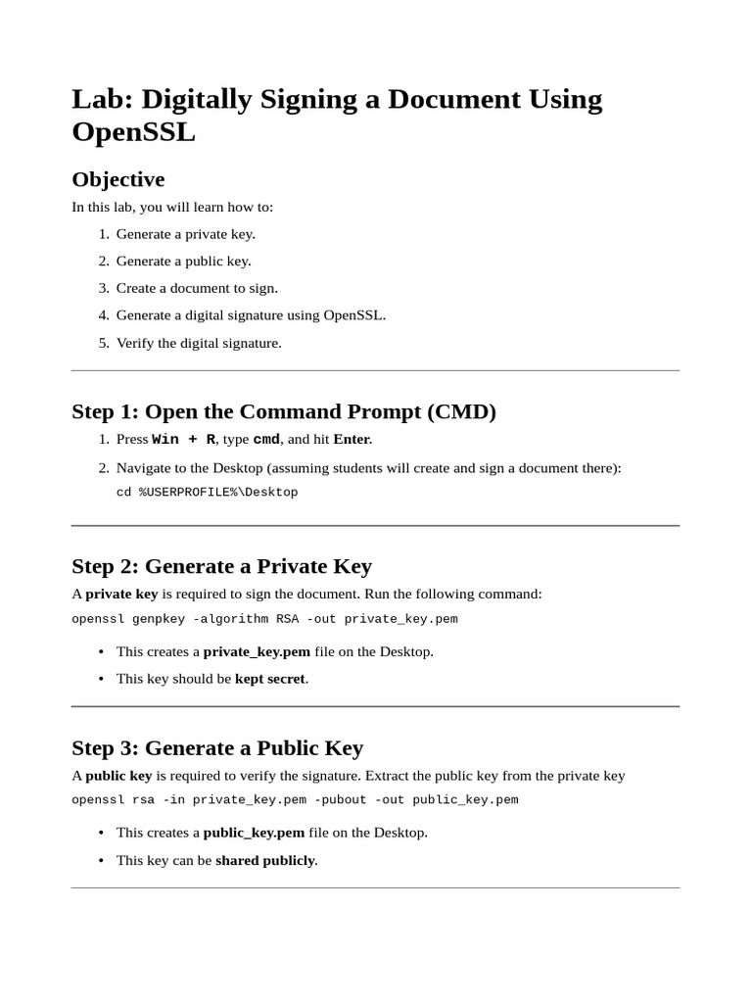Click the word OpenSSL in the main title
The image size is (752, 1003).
pyautogui.click(x=133, y=132)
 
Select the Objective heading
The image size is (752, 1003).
pyautogui.click(x=117, y=179)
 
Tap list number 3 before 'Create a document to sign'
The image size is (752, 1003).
pyautogui.click(x=104, y=288)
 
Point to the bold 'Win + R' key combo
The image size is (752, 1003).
pyautogui.click(x=183, y=440)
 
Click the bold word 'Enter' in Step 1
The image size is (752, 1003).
pyautogui.click(x=352, y=439)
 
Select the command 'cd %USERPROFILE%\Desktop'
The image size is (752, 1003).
pyautogui.click(x=207, y=493)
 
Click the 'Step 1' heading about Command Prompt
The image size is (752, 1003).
pyautogui.click(x=283, y=411)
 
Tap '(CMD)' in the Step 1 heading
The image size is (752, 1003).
pyautogui.click(x=461, y=411)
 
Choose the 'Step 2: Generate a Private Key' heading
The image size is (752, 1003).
pyautogui.click(x=221, y=566)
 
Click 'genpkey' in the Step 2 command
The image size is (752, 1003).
pyautogui.click(x=160, y=619)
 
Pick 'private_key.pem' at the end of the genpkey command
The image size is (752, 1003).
pyautogui.click(x=400, y=619)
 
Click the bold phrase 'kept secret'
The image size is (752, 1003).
pyautogui.click(x=271, y=678)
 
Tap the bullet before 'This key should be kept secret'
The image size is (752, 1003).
pyautogui.click(x=101, y=679)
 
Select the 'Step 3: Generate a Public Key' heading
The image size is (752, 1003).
pyautogui.click(x=216, y=747)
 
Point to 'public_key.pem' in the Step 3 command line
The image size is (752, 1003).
pyautogui.click(x=465, y=800)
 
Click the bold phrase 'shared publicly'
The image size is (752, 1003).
pyautogui.click(x=265, y=860)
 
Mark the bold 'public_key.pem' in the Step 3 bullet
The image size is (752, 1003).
pyautogui.click(x=254, y=833)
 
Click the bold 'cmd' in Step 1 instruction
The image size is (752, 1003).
pyautogui.click(x=266, y=440)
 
